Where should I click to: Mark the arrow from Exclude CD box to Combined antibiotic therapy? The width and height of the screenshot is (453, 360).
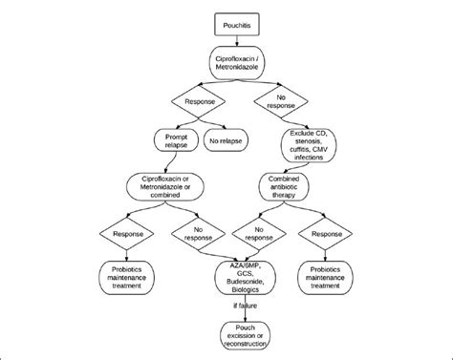coord(291,166)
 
